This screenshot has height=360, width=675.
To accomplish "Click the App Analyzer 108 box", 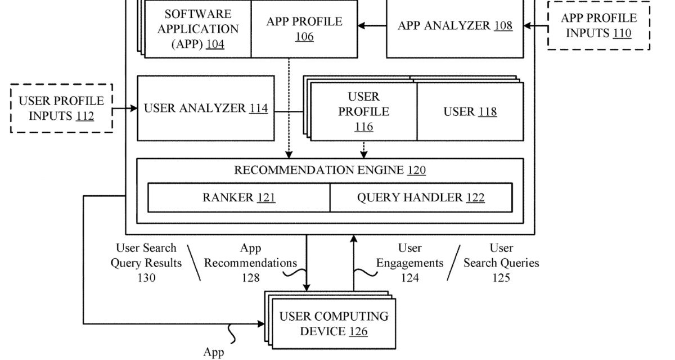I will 455,26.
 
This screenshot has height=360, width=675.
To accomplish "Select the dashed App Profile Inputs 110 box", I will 598,26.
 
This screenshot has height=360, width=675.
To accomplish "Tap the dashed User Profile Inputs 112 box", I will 62,109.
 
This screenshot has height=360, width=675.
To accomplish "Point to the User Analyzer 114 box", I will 205,108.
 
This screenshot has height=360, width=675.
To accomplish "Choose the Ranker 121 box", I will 238,197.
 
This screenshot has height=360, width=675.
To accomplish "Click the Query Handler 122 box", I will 421,197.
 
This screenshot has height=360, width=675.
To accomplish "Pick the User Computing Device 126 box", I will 334,324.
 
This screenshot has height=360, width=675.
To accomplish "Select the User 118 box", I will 470,111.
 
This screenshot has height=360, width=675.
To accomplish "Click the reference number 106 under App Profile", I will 304,37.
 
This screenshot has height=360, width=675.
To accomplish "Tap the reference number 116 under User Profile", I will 363,127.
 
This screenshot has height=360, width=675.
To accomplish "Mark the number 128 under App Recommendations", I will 250,277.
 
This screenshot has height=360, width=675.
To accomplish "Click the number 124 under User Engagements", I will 410,277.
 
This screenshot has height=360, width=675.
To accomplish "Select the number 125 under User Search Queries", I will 501,277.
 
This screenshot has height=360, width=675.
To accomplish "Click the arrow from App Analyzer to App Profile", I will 372,25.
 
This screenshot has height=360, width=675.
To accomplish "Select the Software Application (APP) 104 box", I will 197,29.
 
